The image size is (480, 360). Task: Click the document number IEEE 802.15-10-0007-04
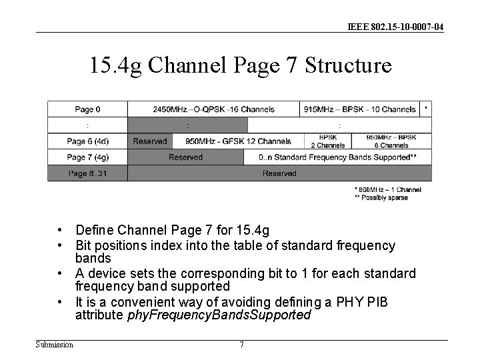[x=395, y=27]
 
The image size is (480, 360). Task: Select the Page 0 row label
[x=87, y=109]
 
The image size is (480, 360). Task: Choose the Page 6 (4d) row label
[x=87, y=141]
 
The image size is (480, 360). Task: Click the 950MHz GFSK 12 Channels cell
[x=238, y=141]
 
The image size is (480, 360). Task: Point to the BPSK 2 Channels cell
[x=327, y=141]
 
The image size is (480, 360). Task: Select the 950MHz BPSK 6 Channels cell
[x=391, y=141]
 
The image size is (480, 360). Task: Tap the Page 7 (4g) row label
[x=87, y=157]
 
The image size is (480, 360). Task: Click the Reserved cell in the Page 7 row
[x=185, y=157]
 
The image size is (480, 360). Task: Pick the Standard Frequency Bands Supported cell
[x=339, y=157]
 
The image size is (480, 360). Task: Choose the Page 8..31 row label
[x=87, y=173]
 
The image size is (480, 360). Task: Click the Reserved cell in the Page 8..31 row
[x=279, y=173]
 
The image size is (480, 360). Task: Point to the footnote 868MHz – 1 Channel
[x=388, y=190]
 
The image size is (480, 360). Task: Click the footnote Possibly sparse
[x=381, y=198]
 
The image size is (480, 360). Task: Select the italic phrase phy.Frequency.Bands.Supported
[x=219, y=315]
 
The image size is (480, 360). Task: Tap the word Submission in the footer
[x=55, y=345]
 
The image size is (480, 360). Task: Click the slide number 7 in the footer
[x=241, y=345]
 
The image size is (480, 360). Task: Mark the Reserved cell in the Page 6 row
[x=150, y=141]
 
